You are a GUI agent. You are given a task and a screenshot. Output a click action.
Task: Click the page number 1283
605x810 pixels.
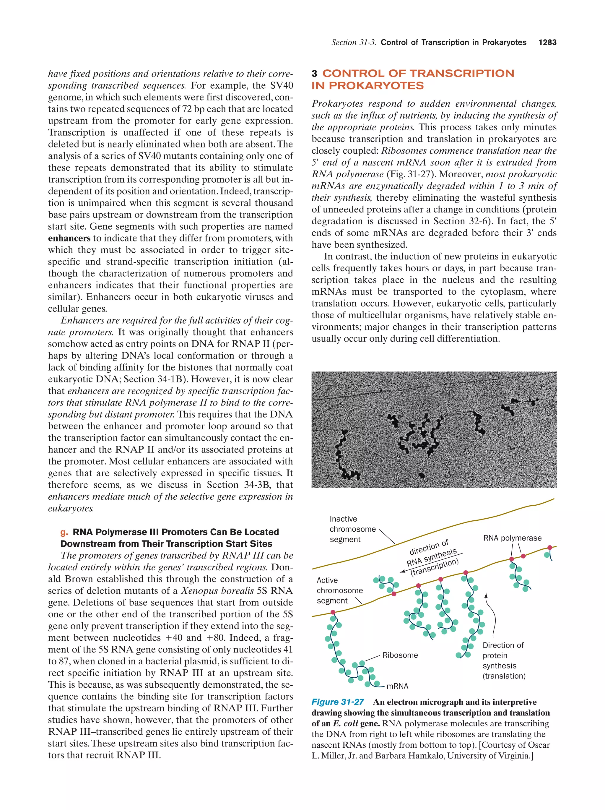pos(547,43)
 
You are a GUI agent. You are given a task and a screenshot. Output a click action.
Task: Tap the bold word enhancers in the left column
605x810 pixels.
pos(69,238)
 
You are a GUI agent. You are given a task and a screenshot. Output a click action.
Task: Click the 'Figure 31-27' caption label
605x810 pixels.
pos(337,702)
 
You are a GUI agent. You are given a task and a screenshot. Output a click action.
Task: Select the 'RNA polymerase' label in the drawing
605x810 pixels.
pos(512,538)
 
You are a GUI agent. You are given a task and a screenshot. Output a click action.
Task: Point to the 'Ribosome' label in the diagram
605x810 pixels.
pos(400,655)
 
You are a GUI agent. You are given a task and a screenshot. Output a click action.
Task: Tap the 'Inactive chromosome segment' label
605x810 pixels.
pos(347,529)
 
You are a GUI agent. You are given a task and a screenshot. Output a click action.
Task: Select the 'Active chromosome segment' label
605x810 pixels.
pos(339,590)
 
